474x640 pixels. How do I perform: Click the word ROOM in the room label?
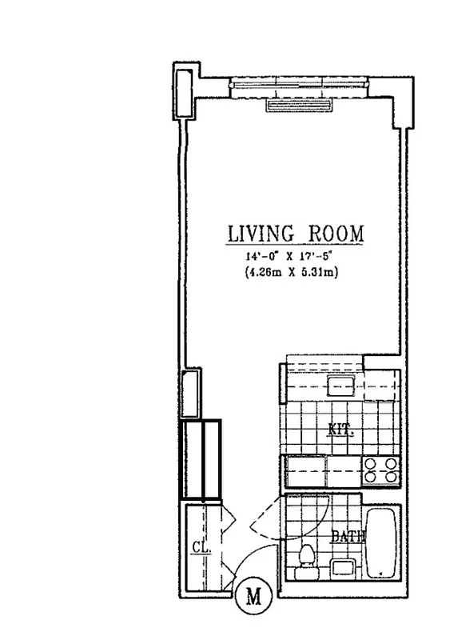335,234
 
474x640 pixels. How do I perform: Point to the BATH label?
348,537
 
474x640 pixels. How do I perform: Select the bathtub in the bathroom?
383,542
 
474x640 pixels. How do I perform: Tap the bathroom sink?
344,568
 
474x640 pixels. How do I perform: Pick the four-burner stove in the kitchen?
380,470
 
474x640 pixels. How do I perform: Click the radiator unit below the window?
298,105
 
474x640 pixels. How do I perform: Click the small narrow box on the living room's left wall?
192,394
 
